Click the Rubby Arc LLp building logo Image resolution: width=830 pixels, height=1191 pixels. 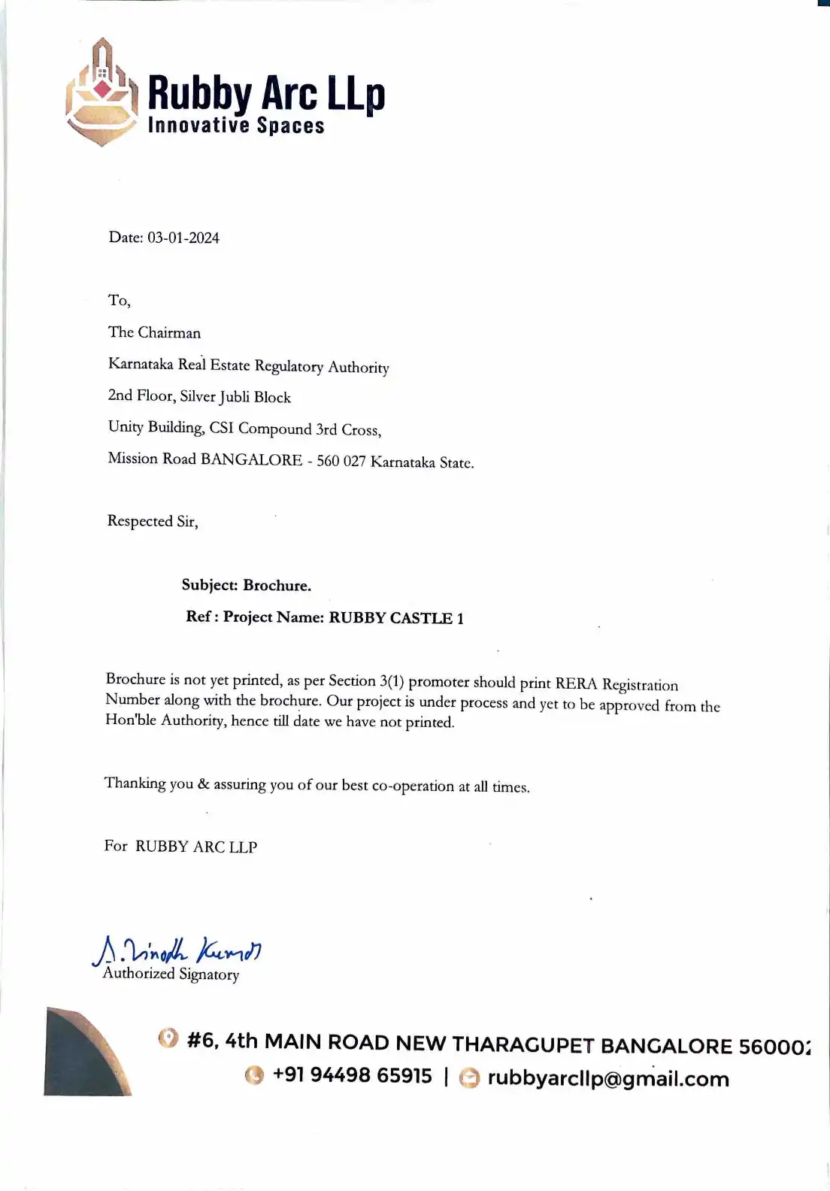(x=101, y=92)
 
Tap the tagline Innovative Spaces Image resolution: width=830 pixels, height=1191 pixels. (x=236, y=125)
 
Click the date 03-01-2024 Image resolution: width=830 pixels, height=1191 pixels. (x=183, y=238)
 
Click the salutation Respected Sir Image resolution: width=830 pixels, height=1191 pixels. (x=153, y=521)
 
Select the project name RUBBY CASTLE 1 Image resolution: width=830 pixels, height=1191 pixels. (x=396, y=618)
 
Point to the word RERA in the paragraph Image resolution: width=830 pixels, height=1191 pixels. (x=576, y=684)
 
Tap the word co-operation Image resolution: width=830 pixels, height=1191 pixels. (x=413, y=786)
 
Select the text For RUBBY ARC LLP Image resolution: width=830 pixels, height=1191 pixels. (x=180, y=847)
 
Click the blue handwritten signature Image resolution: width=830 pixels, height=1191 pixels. (x=177, y=951)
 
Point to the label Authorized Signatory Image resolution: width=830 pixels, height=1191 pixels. (x=171, y=974)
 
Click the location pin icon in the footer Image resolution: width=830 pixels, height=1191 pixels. (x=168, y=1038)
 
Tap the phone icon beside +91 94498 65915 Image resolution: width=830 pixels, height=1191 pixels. (x=255, y=1075)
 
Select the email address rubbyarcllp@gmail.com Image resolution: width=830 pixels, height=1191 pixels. (x=607, y=1079)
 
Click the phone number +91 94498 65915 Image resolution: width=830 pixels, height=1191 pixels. (x=352, y=1075)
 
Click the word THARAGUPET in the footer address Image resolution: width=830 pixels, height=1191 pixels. (x=523, y=1044)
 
